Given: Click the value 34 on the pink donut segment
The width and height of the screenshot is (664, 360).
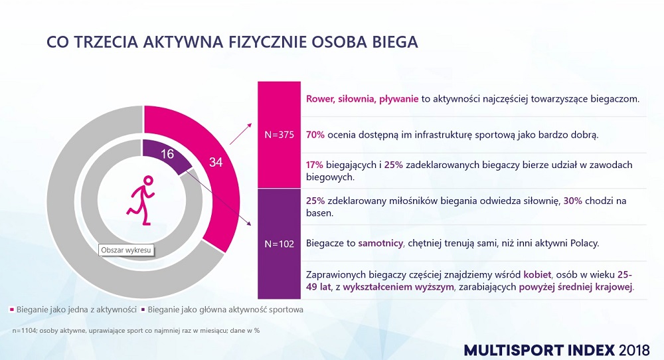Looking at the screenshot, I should tap(216, 162).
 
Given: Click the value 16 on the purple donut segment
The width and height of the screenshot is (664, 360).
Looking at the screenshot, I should tap(167, 154).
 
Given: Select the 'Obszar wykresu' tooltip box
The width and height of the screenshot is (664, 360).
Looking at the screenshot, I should tap(126, 250).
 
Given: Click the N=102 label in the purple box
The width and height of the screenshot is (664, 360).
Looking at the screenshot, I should tap(279, 244).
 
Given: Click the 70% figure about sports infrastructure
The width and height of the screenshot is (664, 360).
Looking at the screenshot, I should tap(315, 135).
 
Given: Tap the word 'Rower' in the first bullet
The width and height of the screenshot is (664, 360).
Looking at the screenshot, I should tap(320, 99).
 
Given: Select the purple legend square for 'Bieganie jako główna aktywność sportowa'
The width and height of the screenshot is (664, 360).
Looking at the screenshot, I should tap(144, 310).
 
